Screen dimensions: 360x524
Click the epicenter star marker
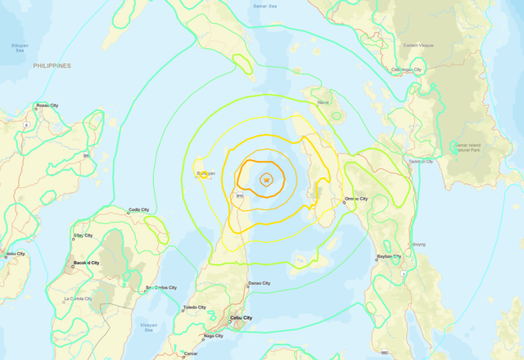point(266,179)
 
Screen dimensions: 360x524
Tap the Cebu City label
point(237,317)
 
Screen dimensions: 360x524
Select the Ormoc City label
point(356,199)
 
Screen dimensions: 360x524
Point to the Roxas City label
point(47,106)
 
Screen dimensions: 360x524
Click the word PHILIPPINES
point(52,65)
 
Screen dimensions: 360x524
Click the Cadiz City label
point(138,210)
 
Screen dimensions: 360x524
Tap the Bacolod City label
point(86,263)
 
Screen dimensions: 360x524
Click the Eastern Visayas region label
point(418,45)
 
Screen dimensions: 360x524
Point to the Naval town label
point(323,102)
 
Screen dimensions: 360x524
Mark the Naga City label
point(213,335)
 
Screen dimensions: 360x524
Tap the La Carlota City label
point(79,299)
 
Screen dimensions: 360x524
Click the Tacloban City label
point(419,161)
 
